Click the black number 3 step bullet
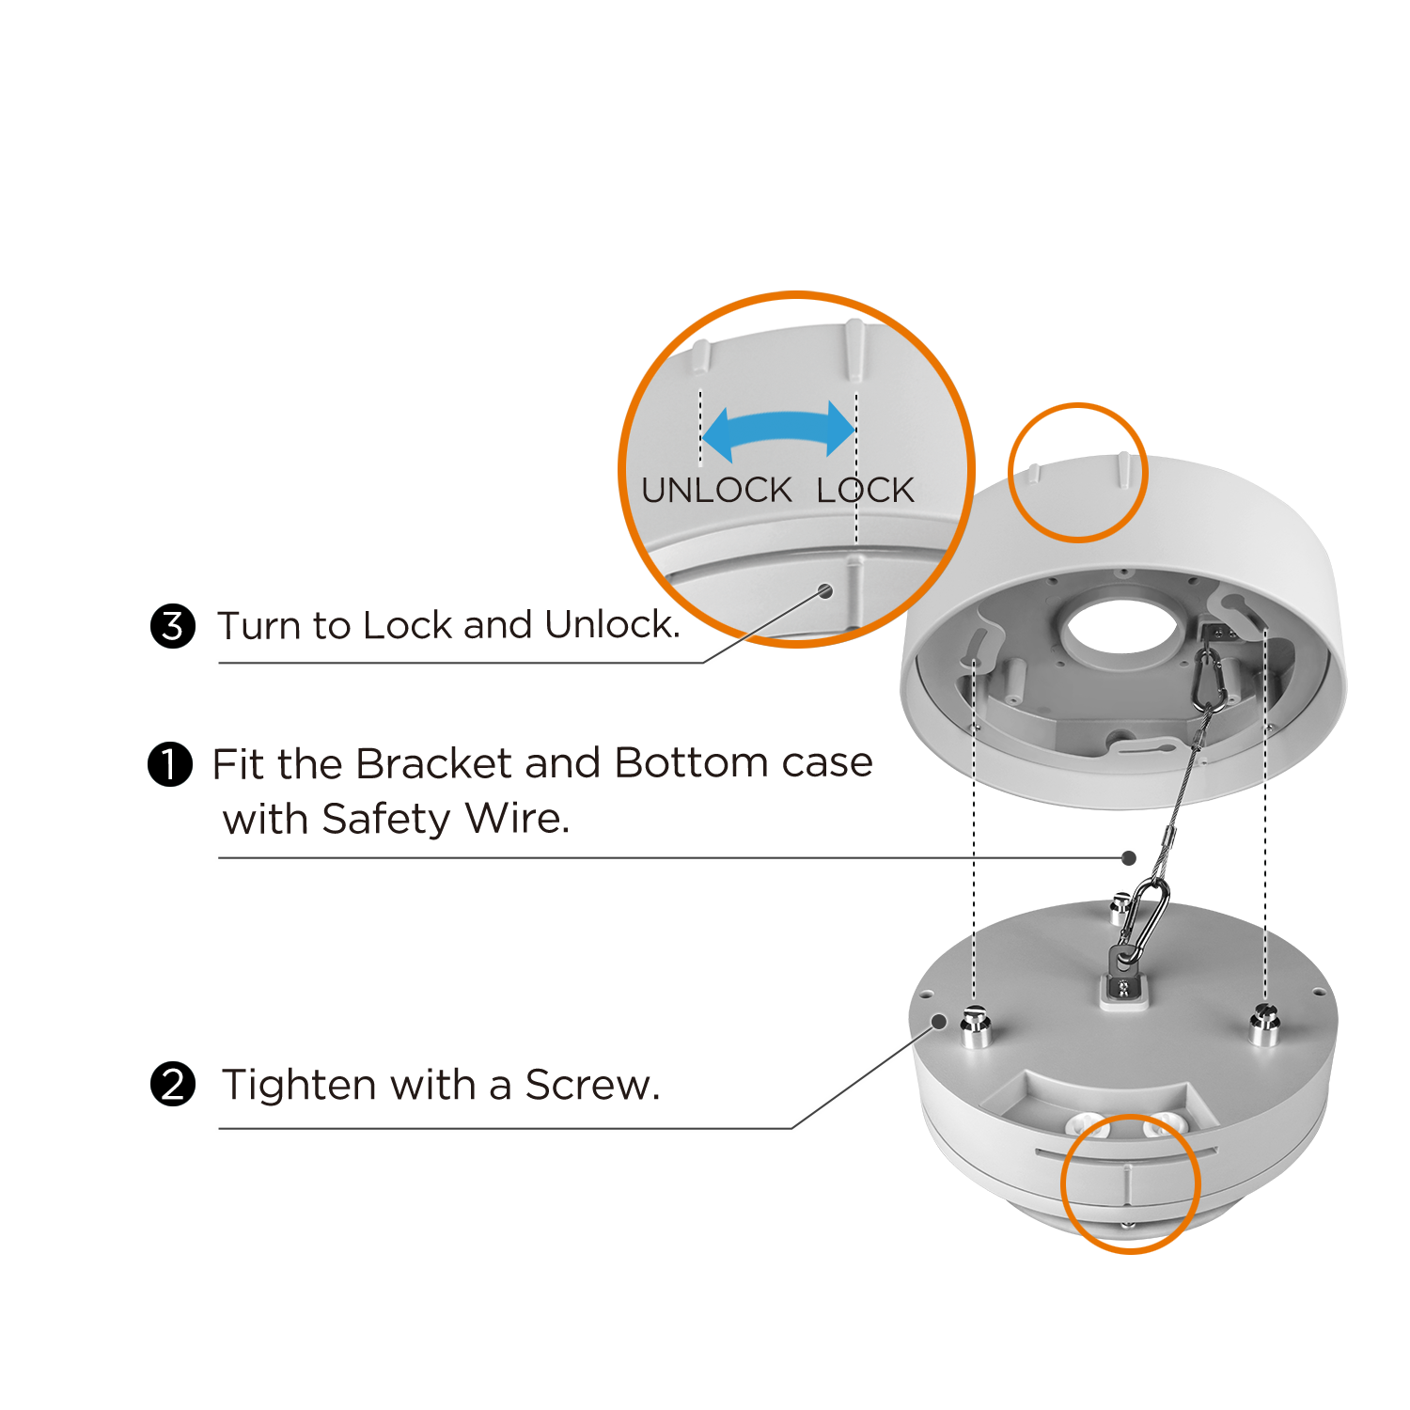click(173, 626)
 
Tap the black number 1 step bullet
click(170, 763)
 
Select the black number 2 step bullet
click(173, 1085)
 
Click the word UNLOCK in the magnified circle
click(716, 490)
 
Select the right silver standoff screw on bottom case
click(1264, 1025)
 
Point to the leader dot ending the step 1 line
click(1129, 857)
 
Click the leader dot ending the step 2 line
click(938, 1021)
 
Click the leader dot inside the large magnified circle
click(825, 590)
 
